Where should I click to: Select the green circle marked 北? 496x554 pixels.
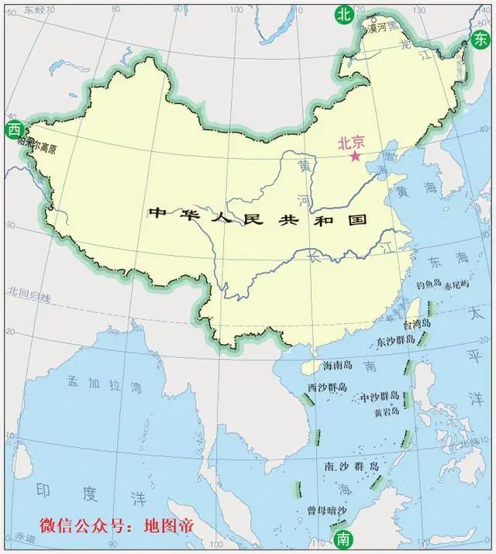(x=343, y=13)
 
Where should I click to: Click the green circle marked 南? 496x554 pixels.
(x=341, y=539)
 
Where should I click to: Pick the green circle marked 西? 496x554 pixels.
(x=12, y=130)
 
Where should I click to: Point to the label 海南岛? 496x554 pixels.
(x=336, y=364)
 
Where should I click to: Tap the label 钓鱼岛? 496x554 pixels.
(x=429, y=284)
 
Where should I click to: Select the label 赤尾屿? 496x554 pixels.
(x=457, y=284)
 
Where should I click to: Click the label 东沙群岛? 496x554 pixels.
(x=397, y=341)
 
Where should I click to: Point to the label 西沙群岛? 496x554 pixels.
(x=326, y=387)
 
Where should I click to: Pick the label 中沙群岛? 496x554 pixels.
(x=380, y=397)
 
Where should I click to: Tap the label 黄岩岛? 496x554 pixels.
(x=387, y=412)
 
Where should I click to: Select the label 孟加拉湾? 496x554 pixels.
(x=105, y=384)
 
